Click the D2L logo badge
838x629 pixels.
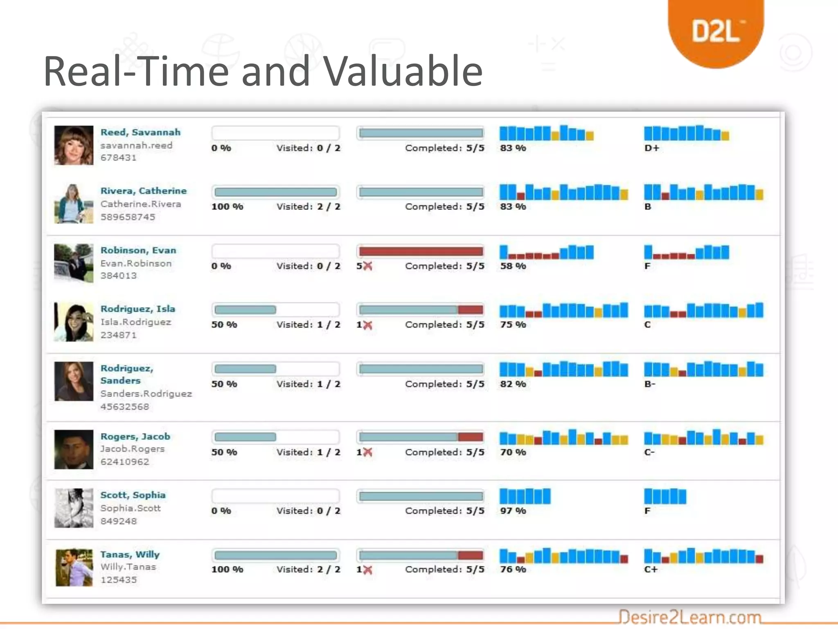[x=716, y=31]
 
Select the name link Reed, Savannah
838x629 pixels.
[x=140, y=132]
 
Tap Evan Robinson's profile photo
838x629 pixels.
[x=74, y=263]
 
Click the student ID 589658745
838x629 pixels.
[x=128, y=217]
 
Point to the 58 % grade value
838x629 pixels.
[x=513, y=266]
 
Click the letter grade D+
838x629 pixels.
[x=652, y=148]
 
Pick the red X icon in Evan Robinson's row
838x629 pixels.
[x=368, y=266]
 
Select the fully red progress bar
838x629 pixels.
[x=421, y=251]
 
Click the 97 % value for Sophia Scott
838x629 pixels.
[x=513, y=511]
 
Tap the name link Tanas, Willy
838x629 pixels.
[x=130, y=554]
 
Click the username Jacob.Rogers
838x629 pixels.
[x=132, y=449]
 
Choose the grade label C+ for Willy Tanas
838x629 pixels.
[x=651, y=570]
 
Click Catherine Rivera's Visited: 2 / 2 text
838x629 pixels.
[x=308, y=207]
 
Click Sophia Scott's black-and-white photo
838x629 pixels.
[x=74, y=508]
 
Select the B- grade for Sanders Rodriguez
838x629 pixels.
[x=650, y=384]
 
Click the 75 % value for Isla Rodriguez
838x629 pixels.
[x=513, y=325]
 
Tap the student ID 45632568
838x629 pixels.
[x=124, y=407]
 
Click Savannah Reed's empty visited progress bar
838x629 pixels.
[x=275, y=133]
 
